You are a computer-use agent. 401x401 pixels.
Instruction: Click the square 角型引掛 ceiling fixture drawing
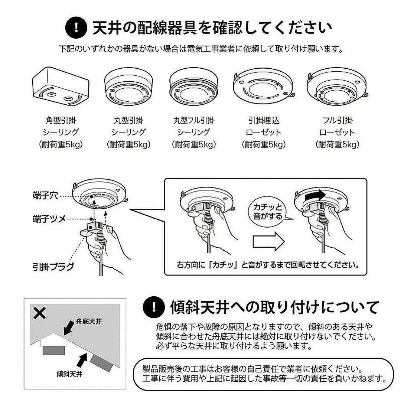click(61, 85)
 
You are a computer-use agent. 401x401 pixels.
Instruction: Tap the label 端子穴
click(45, 196)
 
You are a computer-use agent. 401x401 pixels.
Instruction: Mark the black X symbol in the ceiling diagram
click(39, 313)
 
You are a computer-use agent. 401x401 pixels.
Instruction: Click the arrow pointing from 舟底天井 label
click(69, 328)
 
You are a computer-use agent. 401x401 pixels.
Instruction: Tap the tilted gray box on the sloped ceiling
click(100, 363)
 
